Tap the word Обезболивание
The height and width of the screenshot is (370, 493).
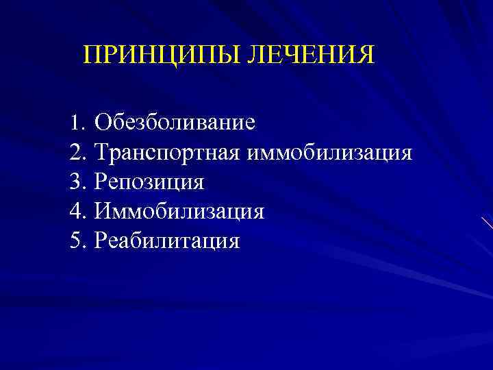coord(175,123)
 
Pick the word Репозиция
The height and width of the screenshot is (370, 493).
coord(149,182)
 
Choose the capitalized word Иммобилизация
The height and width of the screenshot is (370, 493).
coord(179,211)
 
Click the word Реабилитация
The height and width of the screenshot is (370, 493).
coord(167,241)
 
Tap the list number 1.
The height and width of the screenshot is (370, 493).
coord(75,123)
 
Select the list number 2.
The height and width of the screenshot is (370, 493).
coord(75,152)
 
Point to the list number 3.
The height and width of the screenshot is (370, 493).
coord(75,182)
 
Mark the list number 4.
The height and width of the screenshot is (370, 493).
coord(75,211)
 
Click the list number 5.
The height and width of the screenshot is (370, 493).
coord(75,241)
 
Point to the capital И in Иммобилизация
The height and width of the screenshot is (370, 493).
coord(104,211)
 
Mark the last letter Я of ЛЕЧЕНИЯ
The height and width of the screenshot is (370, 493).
coord(366,55)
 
